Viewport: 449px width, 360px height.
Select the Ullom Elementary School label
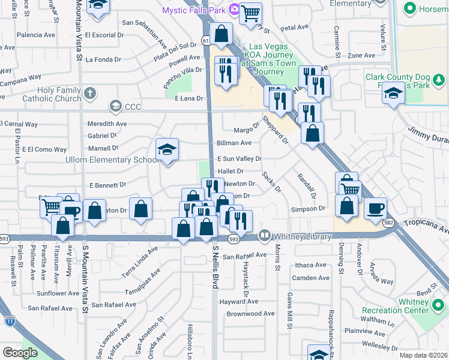click(x=113, y=160)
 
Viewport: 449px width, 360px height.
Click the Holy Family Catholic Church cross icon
click(x=90, y=93)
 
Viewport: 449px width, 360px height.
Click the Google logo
click(x=20, y=353)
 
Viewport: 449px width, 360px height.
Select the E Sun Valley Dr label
click(x=240, y=159)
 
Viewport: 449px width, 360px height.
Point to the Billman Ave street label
click(x=234, y=143)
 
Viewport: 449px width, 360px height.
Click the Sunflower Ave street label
click(x=58, y=294)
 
